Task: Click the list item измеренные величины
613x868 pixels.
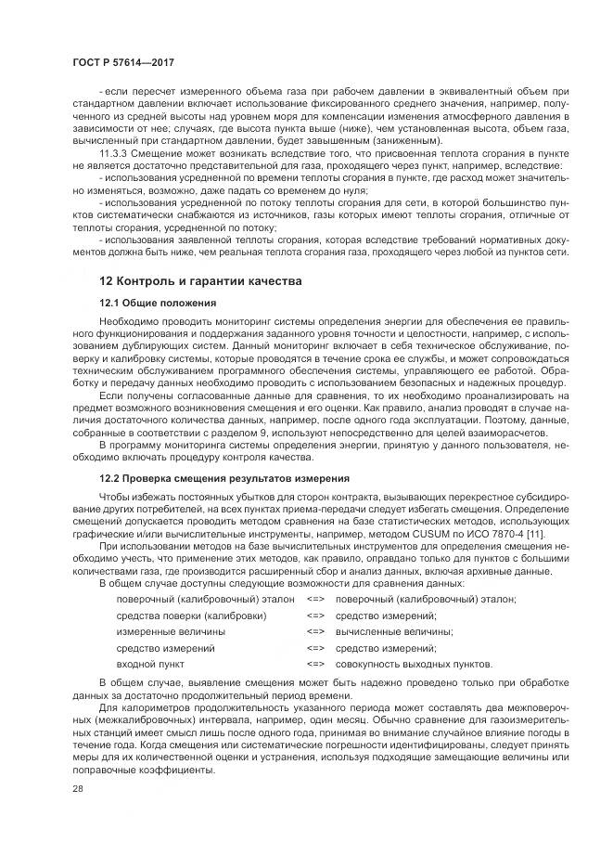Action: point(164,631)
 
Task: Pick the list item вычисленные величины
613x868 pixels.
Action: point(386,631)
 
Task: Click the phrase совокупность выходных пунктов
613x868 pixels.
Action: point(413,665)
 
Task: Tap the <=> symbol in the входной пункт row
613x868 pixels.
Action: point(315,665)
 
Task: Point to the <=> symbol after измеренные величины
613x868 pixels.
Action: point(315,631)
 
